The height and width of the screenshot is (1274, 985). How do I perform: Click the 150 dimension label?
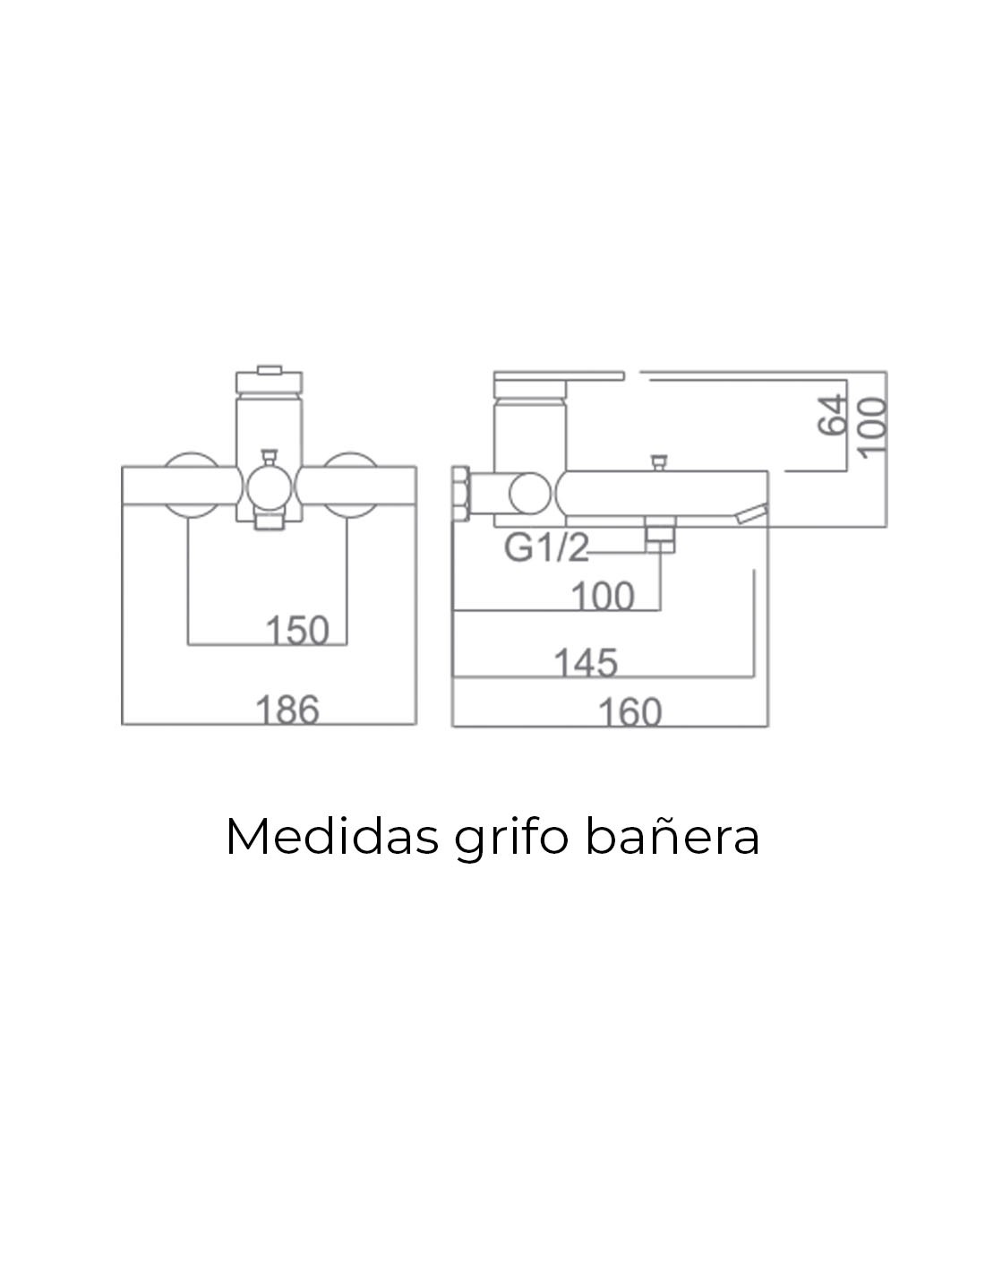(x=297, y=630)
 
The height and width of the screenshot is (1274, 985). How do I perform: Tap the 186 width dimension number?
(x=287, y=710)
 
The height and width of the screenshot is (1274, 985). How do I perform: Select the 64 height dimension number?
(x=832, y=415)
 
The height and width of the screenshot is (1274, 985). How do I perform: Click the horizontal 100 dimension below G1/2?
(x=603, y=597)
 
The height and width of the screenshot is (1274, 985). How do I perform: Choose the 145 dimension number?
(x=586, y=662)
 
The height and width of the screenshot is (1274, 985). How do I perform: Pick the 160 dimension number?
(x=630, y=712)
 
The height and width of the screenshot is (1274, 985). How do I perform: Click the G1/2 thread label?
(x=546, y=548)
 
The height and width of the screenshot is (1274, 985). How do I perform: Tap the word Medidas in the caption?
(x=331, y=837)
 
